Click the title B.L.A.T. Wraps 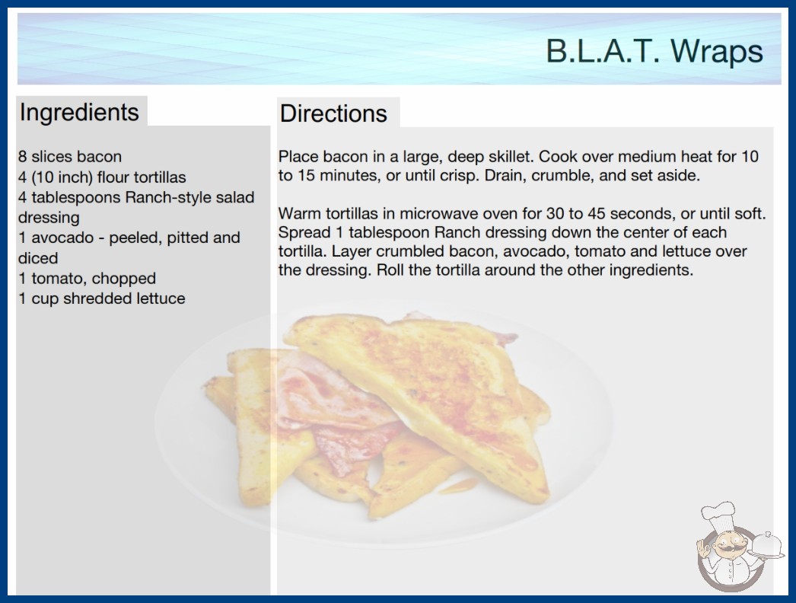[654, 51]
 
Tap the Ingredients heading [79, 112]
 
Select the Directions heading [333, 113]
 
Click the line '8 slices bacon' [70, 157]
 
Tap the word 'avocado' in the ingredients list [62, 238]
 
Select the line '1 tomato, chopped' [87, 279]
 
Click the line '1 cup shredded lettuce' [101, 298]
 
